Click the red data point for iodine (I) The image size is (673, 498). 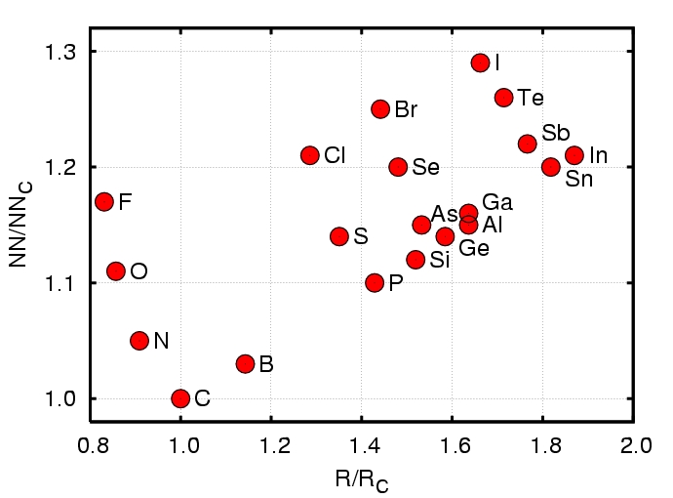pyautogui.click(x=480, y=62)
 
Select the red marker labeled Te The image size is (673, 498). pyautogui.click(x=503, y=98)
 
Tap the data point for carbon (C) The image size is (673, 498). pyautogui.click(x=180, y=398)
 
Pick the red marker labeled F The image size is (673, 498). pyautogui.click(x=104, y=202)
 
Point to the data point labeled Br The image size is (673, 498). pyautogui.click(x=380, y=109)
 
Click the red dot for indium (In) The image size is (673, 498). pyautogui.click(x=574, y=155)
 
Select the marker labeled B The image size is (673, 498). pyautogui.click(x=245, y=364)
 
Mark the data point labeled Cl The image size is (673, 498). pyautogui.click(x=310, y=155)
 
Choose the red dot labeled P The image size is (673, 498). pyautogui.click(x=375, y=283)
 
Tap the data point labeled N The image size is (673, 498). pyautogui.click(x=139, y=341)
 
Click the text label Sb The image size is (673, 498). pyautogui.click(x=556, y=133)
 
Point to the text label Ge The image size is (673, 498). pyautogui.click(x=474, y=248)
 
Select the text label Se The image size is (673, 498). pyautogui.click(x=425, y=167)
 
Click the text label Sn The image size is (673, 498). pyautogui.click(x=579, y=180)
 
